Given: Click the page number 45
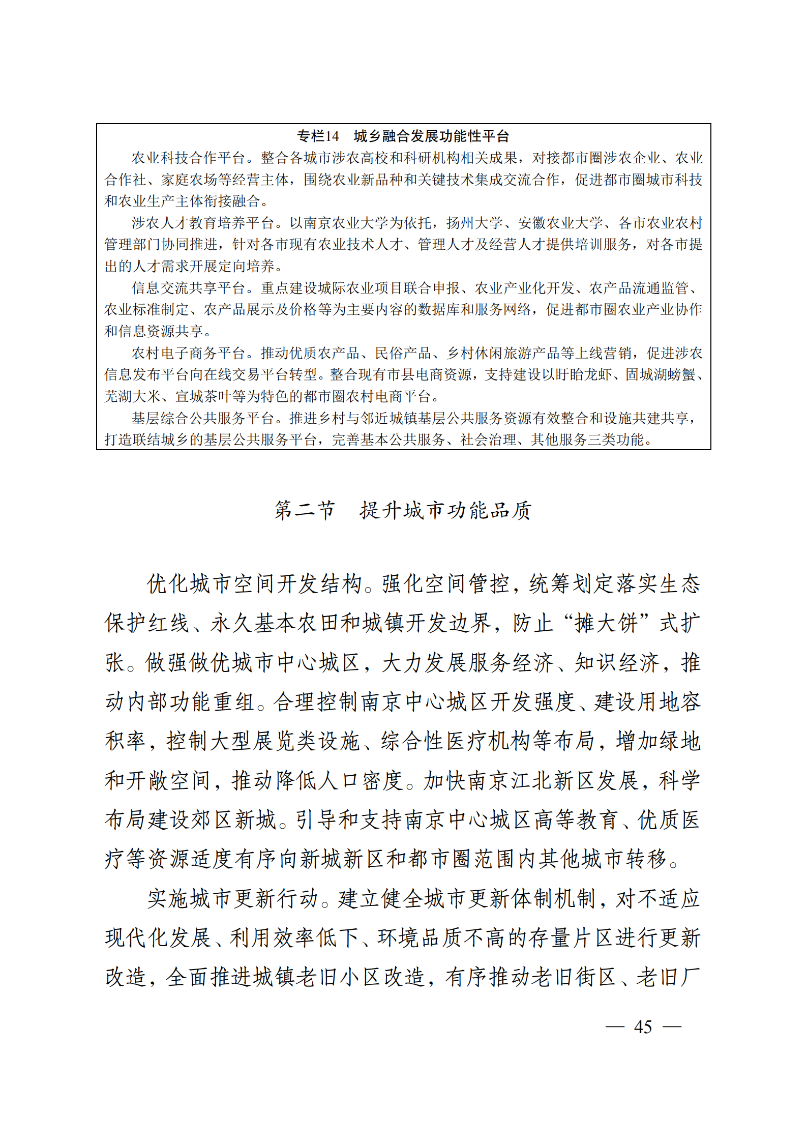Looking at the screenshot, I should (x=643, y=1027).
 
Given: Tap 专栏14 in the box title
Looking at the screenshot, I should (x=318, y=136).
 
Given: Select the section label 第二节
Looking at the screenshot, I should (x=305, y=510).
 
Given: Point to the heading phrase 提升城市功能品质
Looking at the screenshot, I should (x=445, y=510).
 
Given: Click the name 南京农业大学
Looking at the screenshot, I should (x=361, y=223).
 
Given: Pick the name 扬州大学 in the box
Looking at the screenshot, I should (x=474, y=223).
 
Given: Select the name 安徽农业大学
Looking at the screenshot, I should (x=560, y=223).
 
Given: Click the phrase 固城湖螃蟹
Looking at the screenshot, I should (x=660, y=374).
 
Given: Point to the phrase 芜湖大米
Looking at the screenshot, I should (x=133, y=396).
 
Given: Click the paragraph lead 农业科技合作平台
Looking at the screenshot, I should (x=189, y=158).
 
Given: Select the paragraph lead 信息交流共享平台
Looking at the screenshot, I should (x=189, y=288).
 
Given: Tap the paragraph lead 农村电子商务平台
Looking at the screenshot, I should (x=189, y=353).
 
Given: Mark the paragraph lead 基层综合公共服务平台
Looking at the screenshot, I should (x=203, y=418).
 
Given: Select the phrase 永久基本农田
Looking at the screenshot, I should (x=275, y=623).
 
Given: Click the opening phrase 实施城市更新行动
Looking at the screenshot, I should (x=233, y=898).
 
